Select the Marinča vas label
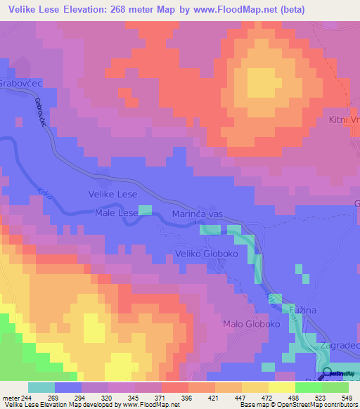click(x=198, y=215)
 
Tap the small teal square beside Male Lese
click(x=145, y=210)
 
